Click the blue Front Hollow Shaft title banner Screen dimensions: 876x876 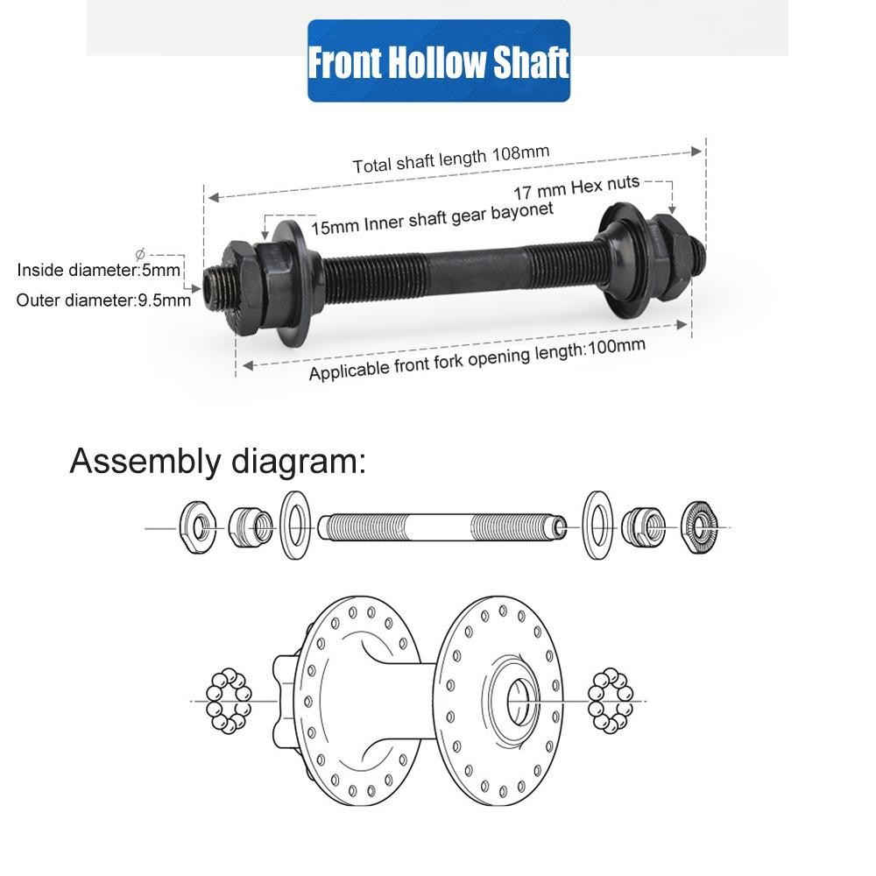438,61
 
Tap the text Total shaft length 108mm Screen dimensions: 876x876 451,159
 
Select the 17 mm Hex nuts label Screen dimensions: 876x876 576,187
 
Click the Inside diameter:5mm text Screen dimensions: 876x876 99,269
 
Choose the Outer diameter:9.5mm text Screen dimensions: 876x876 103,300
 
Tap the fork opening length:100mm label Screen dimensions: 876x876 477,359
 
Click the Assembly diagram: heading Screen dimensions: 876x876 217,460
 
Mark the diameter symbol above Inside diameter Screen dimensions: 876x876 140,253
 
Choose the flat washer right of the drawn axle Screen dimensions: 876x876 597,526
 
